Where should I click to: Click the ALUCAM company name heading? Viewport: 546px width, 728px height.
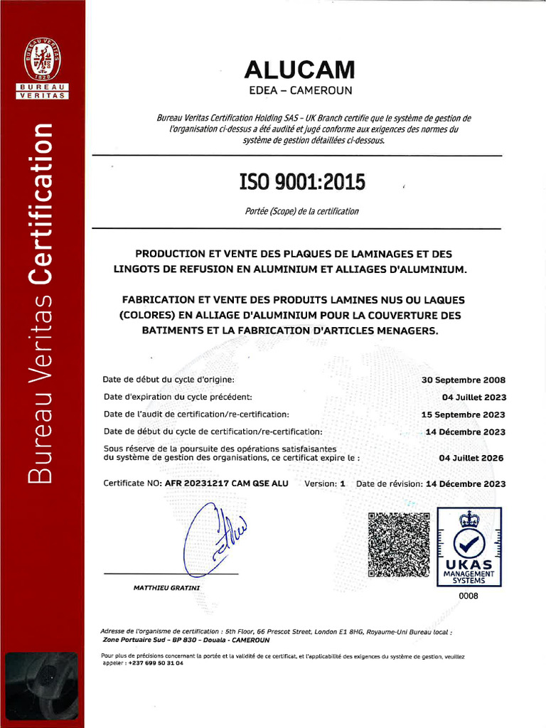click(299, 70)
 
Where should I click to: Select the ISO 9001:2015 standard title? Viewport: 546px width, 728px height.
click(302, 183)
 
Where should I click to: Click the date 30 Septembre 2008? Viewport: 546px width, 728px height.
click(463, 380)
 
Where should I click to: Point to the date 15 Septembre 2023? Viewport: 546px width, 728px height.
click(463, 414)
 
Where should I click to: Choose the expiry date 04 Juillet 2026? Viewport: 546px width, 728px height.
click(471, 459)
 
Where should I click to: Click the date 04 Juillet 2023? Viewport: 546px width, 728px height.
click(474, 397)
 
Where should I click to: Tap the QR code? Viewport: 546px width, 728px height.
click(399, 544)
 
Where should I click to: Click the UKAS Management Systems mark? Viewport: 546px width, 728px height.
click(469, 546)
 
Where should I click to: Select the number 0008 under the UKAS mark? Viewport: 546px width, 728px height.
click(469, 596)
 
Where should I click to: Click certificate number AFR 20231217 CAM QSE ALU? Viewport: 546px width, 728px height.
click(226, 483)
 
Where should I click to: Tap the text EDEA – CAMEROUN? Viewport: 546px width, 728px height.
click(299, 91)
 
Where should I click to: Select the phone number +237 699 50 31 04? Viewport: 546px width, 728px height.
click(155, 663)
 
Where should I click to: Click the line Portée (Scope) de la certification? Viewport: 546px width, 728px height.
click(301, 211)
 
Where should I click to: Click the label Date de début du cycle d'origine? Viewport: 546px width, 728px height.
click(168, 380)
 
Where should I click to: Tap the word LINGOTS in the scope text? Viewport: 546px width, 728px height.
click(139, 269)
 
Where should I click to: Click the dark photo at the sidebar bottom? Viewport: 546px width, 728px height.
click(42, 688)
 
